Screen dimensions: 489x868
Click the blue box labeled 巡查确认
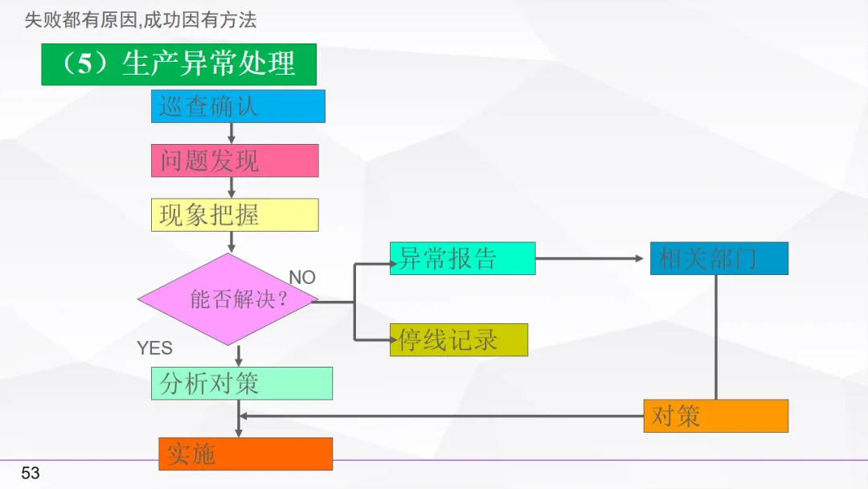[x=238, y=106]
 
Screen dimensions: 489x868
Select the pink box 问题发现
[x=235, y=161]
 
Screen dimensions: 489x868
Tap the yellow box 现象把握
[x=235, y=215]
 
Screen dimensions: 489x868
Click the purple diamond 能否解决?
[x=229, y=300]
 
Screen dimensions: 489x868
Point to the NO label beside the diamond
[x=302, y=277]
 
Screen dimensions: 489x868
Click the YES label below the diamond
[x=154, y=348]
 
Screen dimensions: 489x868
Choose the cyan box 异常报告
[x=462, y=258]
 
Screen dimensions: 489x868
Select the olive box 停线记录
[x=458, y=340]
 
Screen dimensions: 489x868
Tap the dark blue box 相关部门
[x=719, y=258]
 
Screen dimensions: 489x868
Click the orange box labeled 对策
[x=715, y=416]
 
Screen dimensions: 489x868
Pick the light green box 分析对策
[x=241, y=384]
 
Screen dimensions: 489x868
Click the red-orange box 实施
[x=245, y=454]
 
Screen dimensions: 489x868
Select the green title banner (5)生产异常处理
[x=178, y=64]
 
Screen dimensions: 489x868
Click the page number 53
[x=31, y=473]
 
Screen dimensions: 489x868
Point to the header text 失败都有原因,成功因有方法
[x=141, y=20]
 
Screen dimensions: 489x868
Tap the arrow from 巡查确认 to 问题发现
[x=231, y=134]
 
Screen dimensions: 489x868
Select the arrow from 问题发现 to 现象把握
[x=231, y=187]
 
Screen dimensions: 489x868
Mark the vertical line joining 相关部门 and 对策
[x=716, y=338]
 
